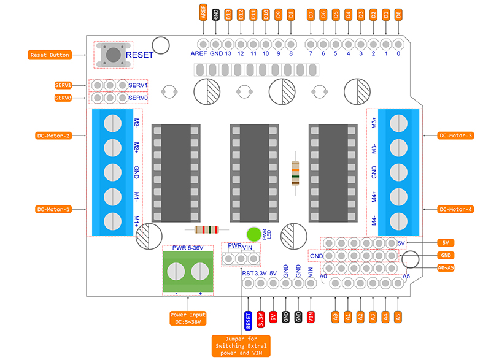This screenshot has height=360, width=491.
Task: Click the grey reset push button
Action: (x=113, y=55)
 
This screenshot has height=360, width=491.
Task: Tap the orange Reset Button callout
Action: (x=50, y=55)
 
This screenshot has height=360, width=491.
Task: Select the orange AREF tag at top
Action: (x=204, y=13)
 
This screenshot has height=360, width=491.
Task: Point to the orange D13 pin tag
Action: (x=228, y=15)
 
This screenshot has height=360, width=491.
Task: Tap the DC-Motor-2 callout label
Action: (x=54, y=136)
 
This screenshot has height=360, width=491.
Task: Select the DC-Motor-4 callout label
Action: (x=456, y=209)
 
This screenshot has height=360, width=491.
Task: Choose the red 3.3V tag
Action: (x=261, y=318)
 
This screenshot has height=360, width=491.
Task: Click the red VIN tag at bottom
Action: (x=311, y=318)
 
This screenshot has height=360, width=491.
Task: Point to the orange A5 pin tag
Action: (x=398, y=317)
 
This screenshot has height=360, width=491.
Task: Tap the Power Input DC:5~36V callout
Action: (x=188, y=318)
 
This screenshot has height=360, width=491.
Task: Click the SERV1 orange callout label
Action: (x=63, y=85)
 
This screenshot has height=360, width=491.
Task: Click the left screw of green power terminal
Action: (x=177, y=270)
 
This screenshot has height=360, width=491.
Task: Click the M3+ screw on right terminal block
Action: (x=400, y=123)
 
